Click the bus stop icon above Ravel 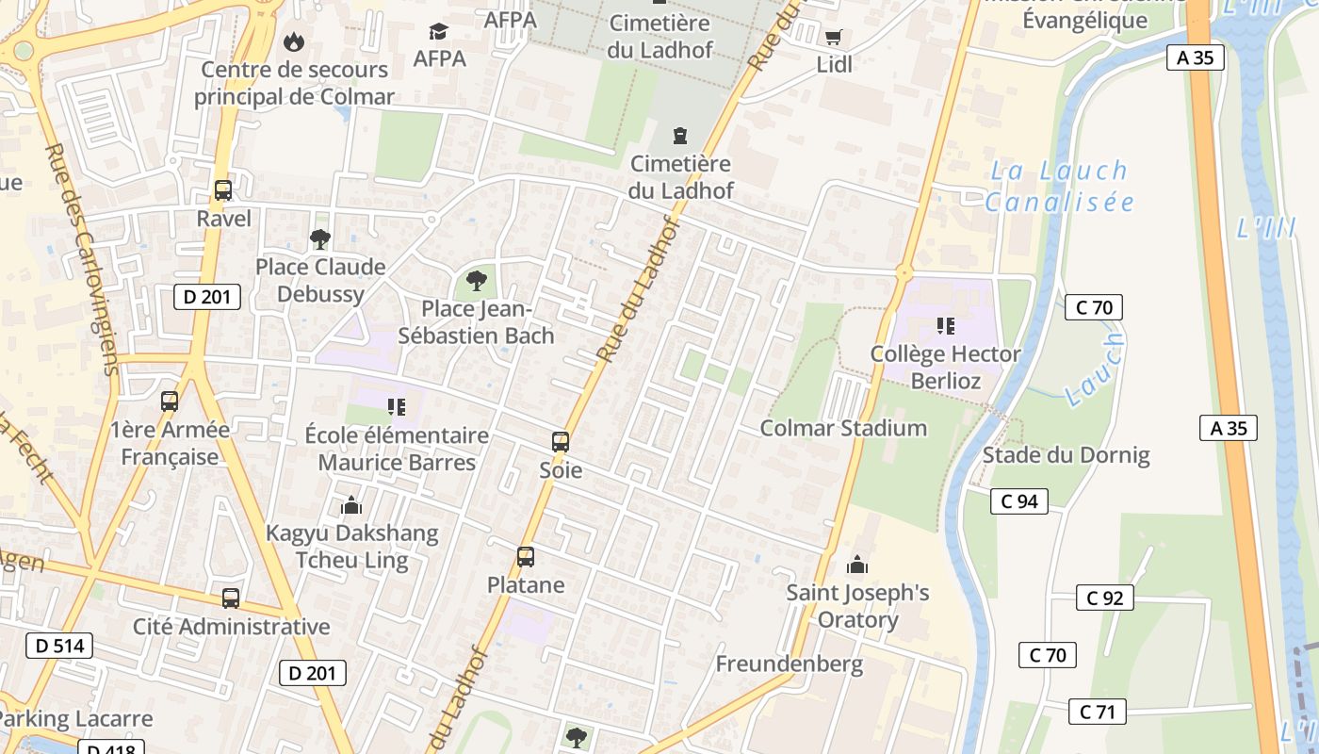(223, 190)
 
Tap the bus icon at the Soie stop (561, 442)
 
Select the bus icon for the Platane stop (526, 557)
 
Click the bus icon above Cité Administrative (231, 598)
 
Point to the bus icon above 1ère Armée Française (170, 402)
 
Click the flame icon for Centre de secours (294, 41)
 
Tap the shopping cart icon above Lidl (833, 38)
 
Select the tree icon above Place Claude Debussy (320, 239)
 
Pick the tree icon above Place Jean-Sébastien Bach (477, 280)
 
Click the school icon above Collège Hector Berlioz (946, 326)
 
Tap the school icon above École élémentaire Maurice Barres (397, 407)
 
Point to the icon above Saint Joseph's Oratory (857, 565)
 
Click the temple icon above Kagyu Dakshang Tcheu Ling (351, 506)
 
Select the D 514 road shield (59, 646)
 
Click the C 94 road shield (1019, 501)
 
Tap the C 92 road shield (1105, 598)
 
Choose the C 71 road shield (1098, 712)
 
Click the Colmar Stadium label (843, 428)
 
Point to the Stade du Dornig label (1066, 455)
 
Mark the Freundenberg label (789, 664)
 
